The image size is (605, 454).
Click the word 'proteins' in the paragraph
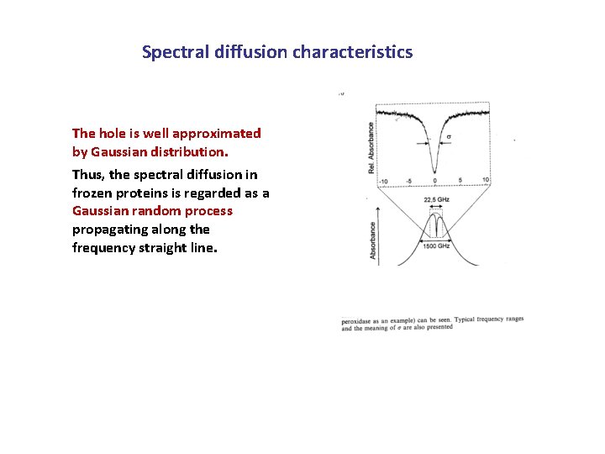pos(143,193)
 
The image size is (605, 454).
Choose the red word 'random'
pos(148,211)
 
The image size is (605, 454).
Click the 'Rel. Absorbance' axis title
pos(371,148)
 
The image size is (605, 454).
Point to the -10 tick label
pos(382,182)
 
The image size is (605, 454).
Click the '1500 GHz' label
pos(437,245)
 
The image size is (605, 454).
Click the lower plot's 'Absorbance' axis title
pos(373,240)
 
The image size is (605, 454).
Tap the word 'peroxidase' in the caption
pos(360,320)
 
